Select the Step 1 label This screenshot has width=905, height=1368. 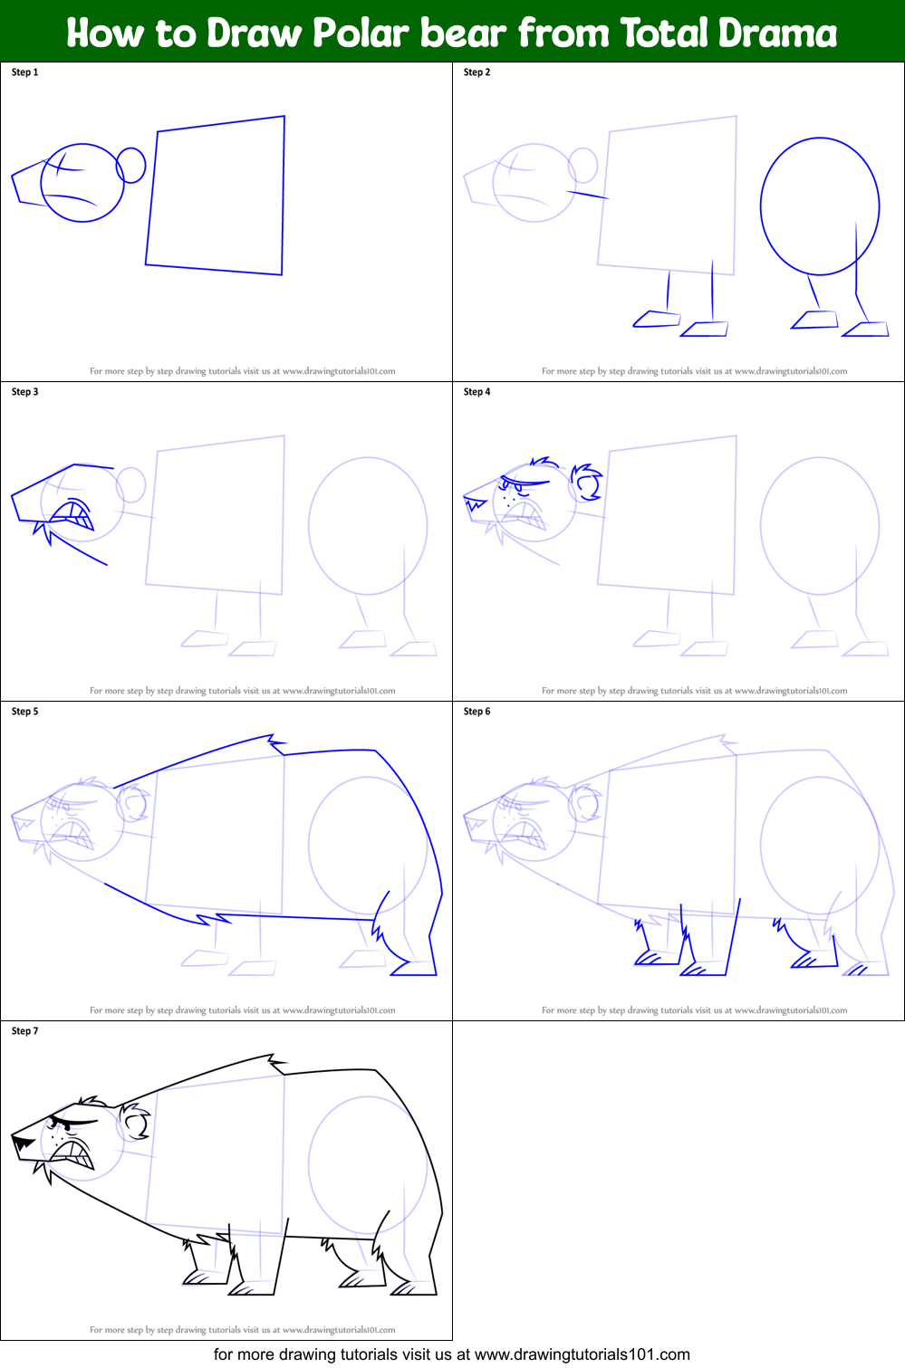(x=24, y=72)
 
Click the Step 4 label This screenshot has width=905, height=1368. (x=477, y=392)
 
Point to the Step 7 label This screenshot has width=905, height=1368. (x=24, y=1031)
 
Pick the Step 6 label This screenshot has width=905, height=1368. (x=477, y=712)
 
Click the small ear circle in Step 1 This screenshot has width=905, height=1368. (x=131, y=165)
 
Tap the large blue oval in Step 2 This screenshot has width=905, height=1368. (x=819, y=206)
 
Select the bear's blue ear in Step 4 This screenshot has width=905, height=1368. (x=588, y=482)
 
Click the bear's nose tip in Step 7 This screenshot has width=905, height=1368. (x=20, y=1143)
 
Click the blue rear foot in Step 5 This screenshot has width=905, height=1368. (x=415, y=968)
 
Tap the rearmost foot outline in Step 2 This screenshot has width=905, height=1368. (x=866, y=330)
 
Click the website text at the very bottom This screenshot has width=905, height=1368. (x=451, y=1354)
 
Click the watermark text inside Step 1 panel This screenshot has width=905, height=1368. (x=242, y=371)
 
